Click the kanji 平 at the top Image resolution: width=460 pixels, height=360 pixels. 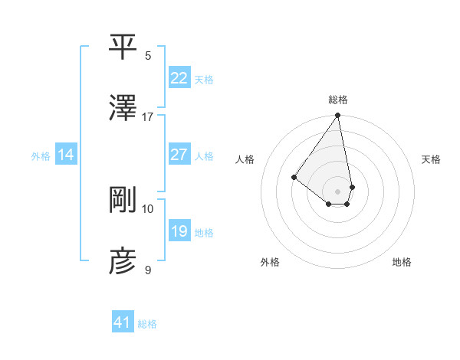click(x=123, y=47)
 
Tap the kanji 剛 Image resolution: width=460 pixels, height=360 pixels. click(x=123, y=199)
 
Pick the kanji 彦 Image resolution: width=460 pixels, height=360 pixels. click(x=123, y=260)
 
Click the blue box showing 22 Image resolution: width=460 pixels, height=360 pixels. click(x=179, y=78)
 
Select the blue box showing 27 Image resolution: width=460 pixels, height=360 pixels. click(x=179, y=155)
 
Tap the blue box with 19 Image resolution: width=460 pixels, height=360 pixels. click(x=179, y=231)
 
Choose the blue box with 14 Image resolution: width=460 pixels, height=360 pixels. click(x=66, y=155)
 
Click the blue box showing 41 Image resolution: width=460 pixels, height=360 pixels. click(x=123, y=322)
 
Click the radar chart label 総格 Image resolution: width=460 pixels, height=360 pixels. click(x=338, y=100)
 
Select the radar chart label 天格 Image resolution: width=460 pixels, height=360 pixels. click(x=432, y=159)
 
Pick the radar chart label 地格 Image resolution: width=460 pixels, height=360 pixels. click(x=402, y=262)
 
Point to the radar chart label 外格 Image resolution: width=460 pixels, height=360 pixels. click(x=270, y=262)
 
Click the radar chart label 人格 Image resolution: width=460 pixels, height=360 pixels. click(x=245, y=159)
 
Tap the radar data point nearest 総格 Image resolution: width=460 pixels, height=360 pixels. click(x=337, y=116)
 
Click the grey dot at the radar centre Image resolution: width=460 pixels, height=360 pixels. click(x=337, y=191)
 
